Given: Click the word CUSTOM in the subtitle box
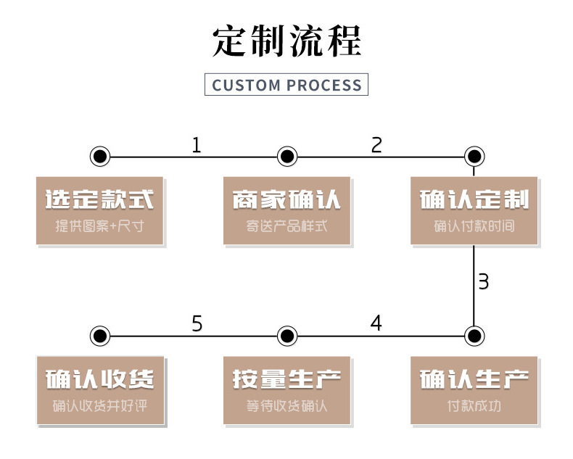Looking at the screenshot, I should [246, 86].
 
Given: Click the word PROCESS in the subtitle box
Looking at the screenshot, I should [323, 86].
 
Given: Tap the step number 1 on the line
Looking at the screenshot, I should [196, 145].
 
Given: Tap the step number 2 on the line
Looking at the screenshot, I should [376, 145].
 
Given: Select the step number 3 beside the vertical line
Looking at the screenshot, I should [484, 282].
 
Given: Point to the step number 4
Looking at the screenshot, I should [376, 323].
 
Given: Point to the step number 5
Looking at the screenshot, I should [197, 323].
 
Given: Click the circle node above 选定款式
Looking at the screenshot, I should [100, 156].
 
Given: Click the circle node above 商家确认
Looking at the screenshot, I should [287, 156].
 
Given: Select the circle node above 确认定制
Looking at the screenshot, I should [474, 156].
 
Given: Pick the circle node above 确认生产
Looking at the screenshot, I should [474, 336].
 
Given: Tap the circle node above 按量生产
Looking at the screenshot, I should [287, 336].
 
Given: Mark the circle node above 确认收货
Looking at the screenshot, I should [100, 336].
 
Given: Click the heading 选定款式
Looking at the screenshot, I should [100, 200].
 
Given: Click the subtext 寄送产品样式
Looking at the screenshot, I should [287, 226].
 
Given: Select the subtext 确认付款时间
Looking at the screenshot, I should [474, 226].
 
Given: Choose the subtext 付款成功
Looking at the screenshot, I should [474, 406].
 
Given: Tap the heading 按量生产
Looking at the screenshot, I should [287, 379].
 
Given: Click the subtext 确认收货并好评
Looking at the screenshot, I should [100, 406].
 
